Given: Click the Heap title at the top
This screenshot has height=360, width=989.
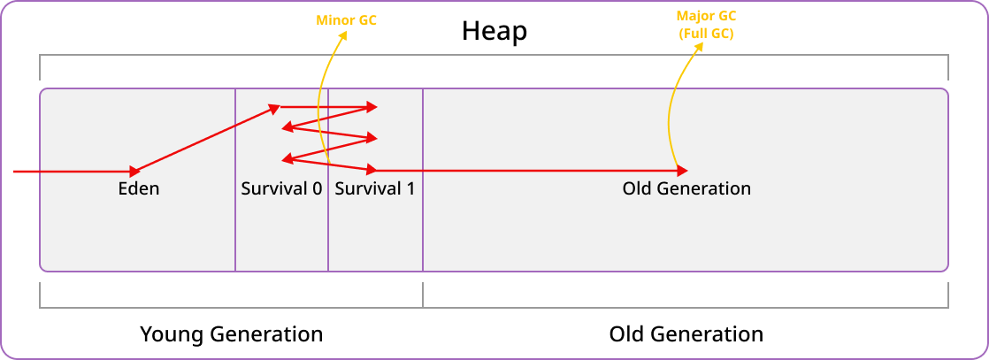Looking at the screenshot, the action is tap(494, 32).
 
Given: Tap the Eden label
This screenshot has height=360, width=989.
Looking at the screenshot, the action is tap(139, 188).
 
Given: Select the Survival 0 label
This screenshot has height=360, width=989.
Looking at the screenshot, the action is tap(280, 188).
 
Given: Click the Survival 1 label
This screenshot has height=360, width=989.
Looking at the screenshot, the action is tap(374, 188).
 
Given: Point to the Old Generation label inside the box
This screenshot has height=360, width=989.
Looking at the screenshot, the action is tap(686, 188).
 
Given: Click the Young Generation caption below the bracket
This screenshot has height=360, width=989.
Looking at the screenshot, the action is tap(231, 334).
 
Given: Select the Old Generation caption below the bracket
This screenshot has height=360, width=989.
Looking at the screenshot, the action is tap(686, 334).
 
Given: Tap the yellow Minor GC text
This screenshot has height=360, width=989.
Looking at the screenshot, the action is tap(347, 19).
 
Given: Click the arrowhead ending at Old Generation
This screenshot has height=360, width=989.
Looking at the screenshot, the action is tap(682, 170).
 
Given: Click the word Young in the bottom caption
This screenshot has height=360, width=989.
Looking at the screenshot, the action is tap(172, 334).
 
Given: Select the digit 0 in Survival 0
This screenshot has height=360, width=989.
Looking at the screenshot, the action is tap(316, 188).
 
